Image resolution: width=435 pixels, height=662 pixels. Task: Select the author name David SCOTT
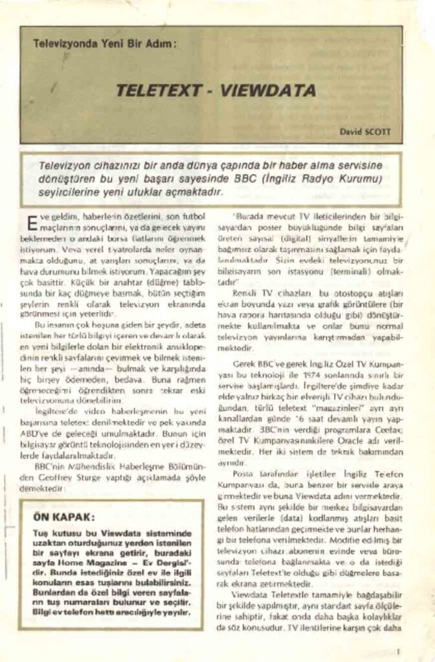364,131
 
